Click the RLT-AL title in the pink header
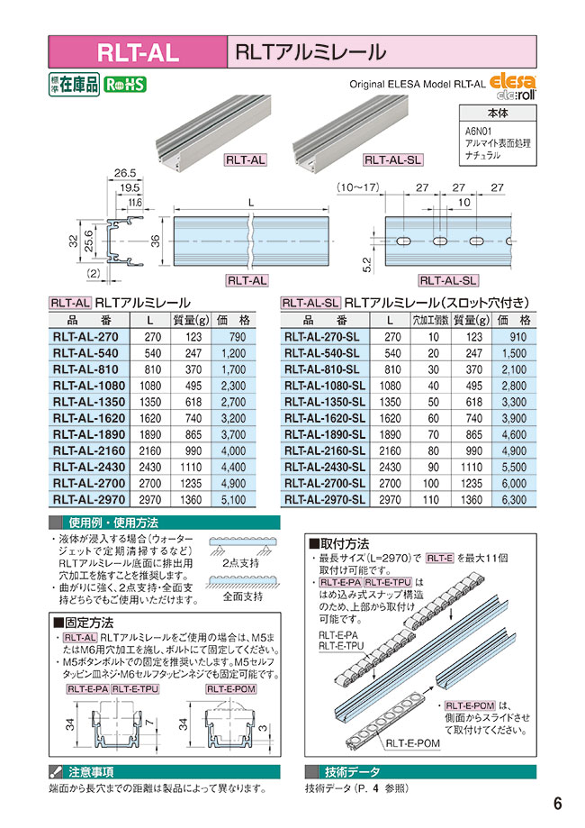[x=137, y=51]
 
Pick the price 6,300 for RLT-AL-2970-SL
[x=516, y=498]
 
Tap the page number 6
[x=558, y=804]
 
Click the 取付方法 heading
[x=343, y=544]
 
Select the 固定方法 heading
[x=87, y=622]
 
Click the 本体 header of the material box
[x=498, y=114]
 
